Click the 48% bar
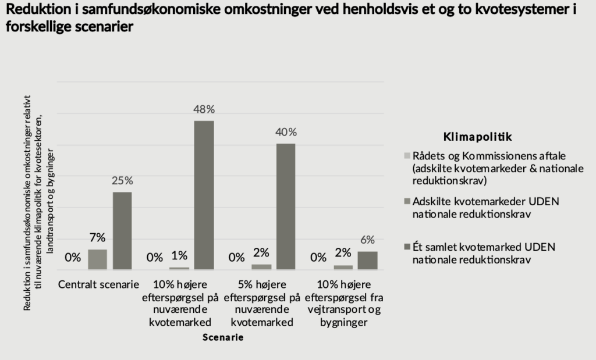pos(204,195)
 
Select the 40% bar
pos(286,206)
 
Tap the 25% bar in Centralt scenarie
pos(122,230)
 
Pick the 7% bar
pos(97,259)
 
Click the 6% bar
pos(367,260)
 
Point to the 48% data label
pos(204,109)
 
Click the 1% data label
pos(179,256)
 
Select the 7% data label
pos(97,237)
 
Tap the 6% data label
pos(367,240)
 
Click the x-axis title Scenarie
pos(223,337)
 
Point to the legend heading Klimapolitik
pos(477,137)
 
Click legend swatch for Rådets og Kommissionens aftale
pos(407,156)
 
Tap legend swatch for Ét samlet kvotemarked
pos(407,247)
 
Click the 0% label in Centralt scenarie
pos(73,257)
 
